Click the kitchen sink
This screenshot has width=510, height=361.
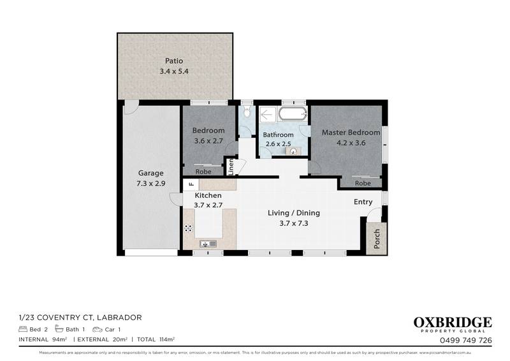(x=208, y=243)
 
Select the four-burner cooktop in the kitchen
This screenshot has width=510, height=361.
(x=189, y=228)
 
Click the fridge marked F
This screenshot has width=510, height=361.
(x=189, y=185)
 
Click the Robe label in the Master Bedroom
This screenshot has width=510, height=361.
(x=362, y=183)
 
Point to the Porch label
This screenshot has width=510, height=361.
(x=377, y=236)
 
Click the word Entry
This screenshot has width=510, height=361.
(x=363, y=202)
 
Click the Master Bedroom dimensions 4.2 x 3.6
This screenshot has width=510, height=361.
(x=351, y=144)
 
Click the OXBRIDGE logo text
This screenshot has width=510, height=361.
(x=452, y=322)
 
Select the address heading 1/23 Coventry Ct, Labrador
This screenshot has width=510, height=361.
(x=80, y=317)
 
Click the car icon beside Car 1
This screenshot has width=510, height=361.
(x=98, y=329)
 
